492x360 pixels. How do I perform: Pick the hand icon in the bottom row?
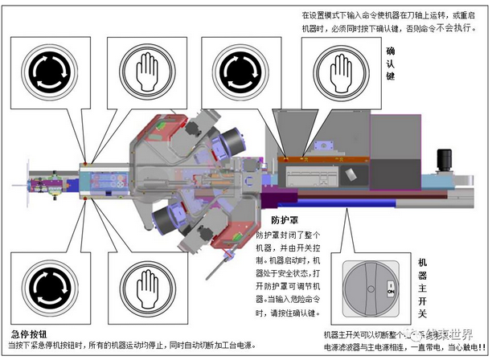[144, 286]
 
